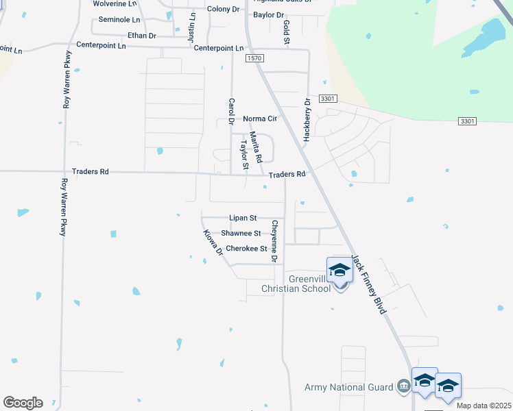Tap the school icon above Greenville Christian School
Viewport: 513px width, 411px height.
pos(339,271)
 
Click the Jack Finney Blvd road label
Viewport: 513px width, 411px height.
pos(369,285)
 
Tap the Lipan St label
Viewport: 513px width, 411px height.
pos(243,218)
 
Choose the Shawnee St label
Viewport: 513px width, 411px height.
pos(241,234)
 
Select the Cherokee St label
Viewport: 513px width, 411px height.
pos(246,249)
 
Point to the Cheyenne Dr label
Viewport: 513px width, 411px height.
pos(274,241)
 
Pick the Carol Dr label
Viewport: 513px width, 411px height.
pos(232,111)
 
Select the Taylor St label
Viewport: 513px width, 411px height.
pos(243,155)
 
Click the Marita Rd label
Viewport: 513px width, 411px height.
pos(256,147)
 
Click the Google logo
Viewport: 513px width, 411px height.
pos(23,403)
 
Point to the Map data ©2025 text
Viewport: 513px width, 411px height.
pos(483,406)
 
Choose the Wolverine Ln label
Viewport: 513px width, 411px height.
pos(115,3)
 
